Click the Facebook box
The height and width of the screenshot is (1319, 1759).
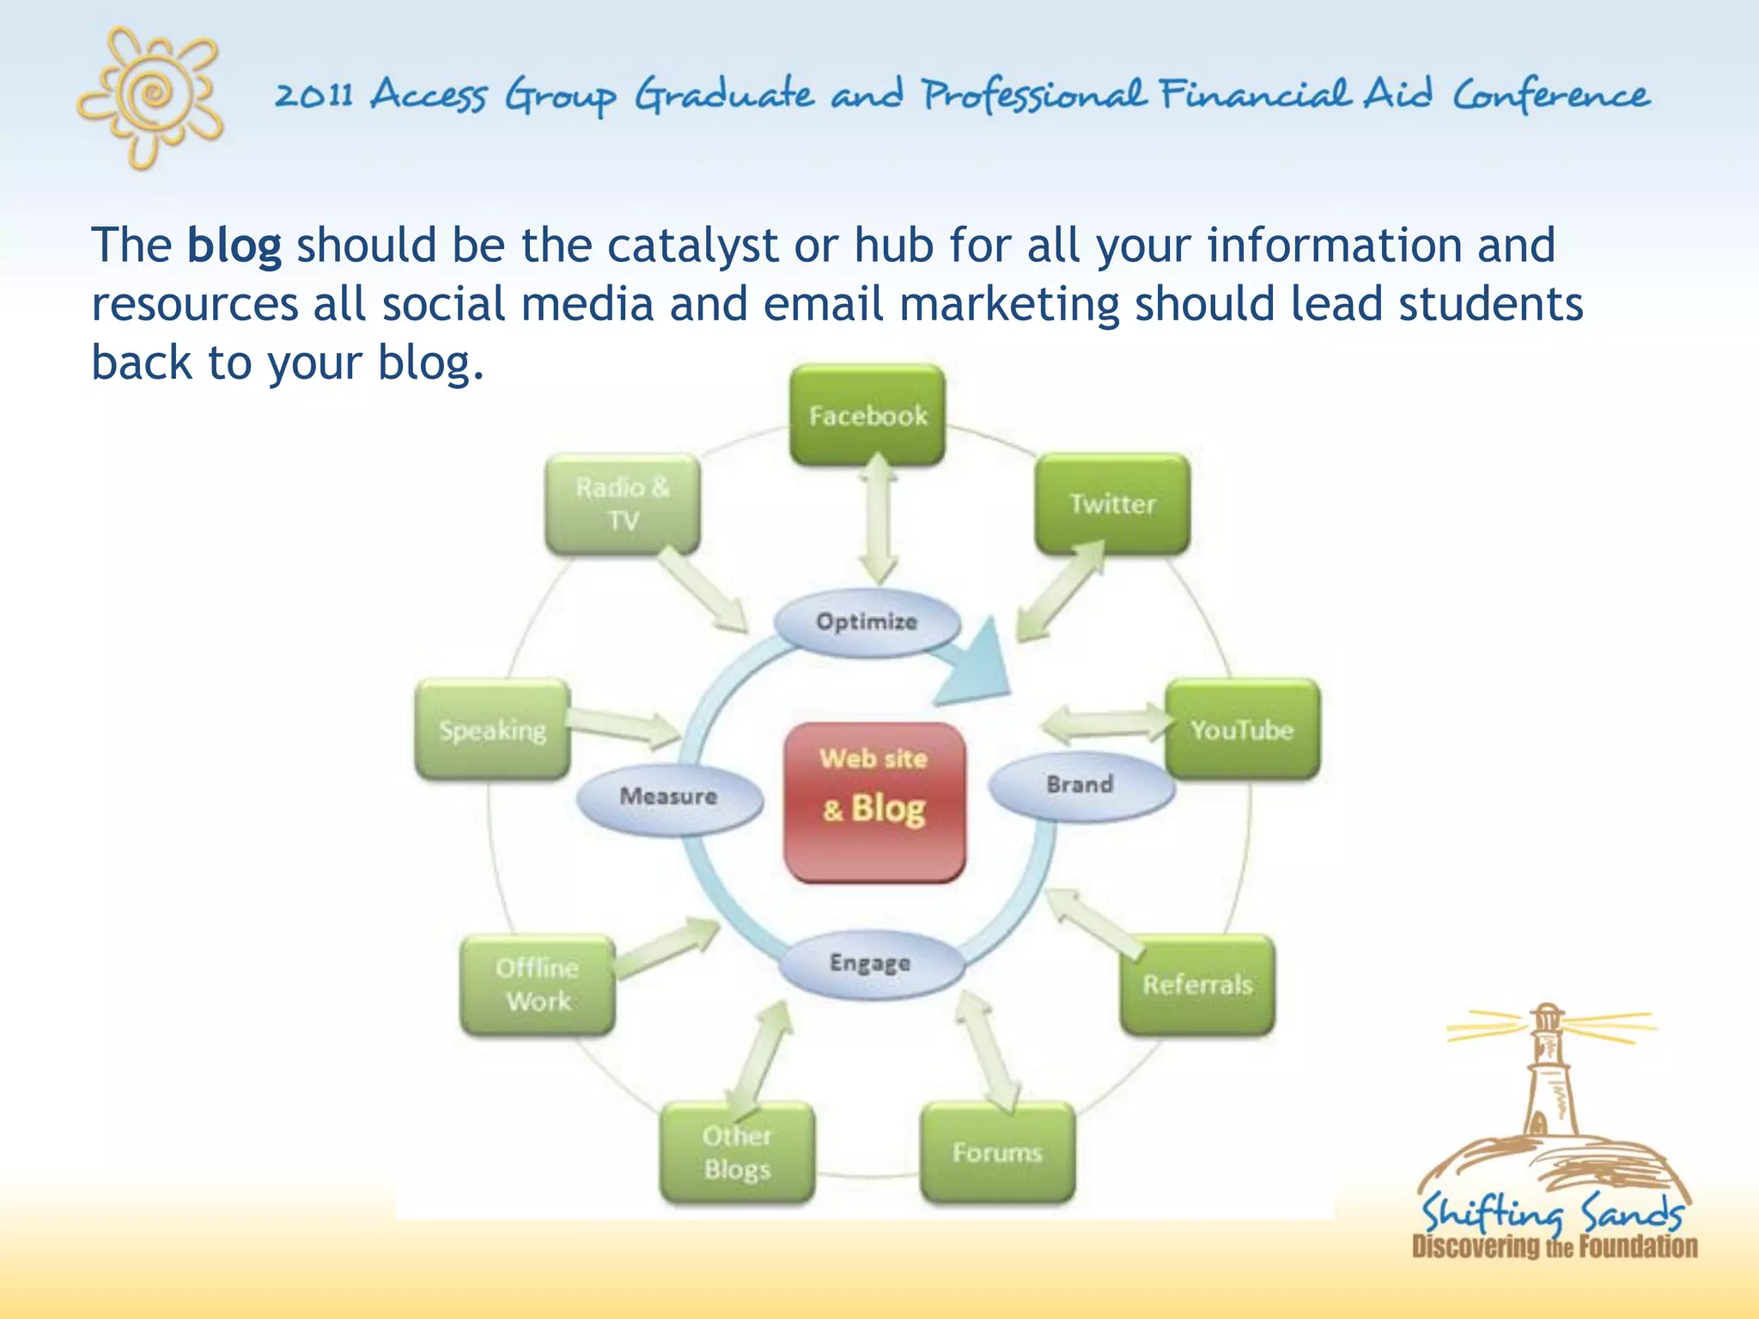pos(867,416)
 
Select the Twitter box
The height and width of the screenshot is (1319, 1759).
pos(1112,504)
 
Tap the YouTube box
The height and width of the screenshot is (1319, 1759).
pos(1242,730)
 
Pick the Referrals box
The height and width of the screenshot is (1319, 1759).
pos(1197,984)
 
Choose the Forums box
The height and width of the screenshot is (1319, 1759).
pos(997,1152)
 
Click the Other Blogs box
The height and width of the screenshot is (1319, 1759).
pos(737,1152)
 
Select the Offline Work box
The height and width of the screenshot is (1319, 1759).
pos(538,984)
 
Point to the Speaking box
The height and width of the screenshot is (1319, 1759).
pos(492,730)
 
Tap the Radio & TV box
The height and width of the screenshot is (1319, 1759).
pos(623,504)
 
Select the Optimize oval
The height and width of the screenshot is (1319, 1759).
pos(867,622)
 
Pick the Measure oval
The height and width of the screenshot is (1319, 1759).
pos(669,797)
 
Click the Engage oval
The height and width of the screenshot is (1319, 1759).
pos(870,963)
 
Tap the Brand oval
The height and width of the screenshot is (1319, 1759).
pos(1080,785)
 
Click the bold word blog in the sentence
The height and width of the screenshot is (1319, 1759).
pos(234,246)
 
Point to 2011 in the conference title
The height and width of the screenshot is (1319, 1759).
pos(314,94)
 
